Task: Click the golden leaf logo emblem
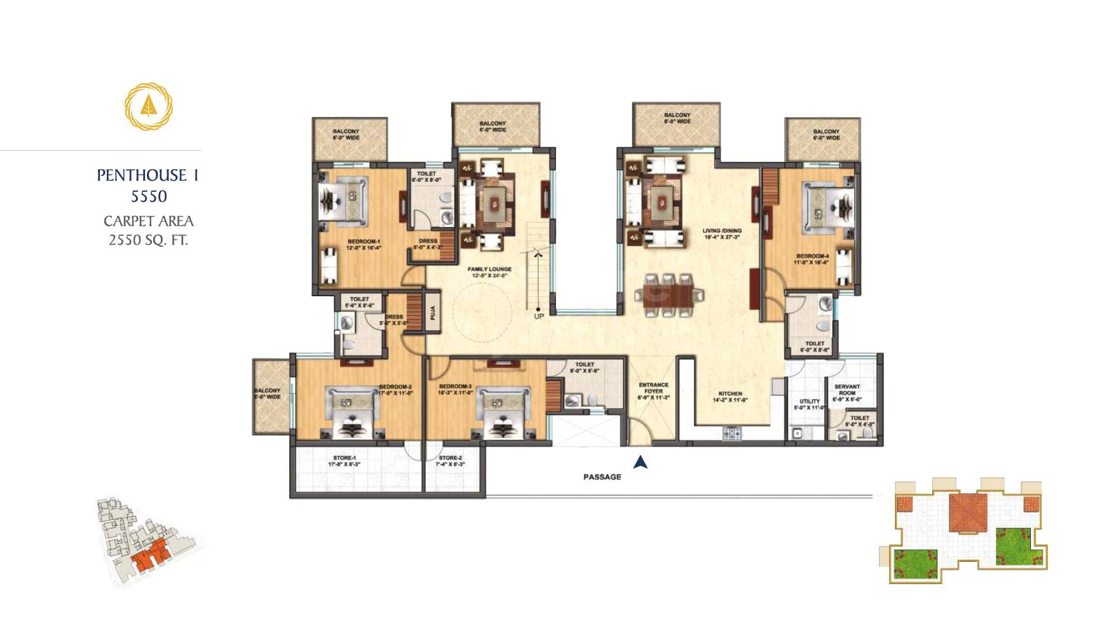148,106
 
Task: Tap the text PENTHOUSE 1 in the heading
148,175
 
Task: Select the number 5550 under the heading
149,196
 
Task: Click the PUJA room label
433,312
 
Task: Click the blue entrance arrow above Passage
640,462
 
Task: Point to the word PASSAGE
602,477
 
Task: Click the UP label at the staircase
539,316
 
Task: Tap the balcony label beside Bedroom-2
267,393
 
